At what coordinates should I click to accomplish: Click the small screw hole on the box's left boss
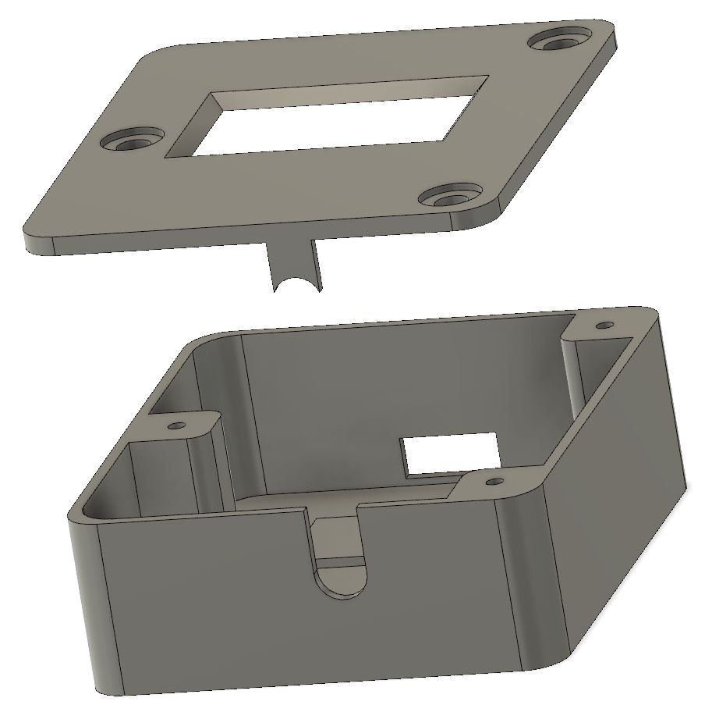coord(178,425)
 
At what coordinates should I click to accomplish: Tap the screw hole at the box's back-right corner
coord(604,325)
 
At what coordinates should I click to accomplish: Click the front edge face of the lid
coord(257,238)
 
